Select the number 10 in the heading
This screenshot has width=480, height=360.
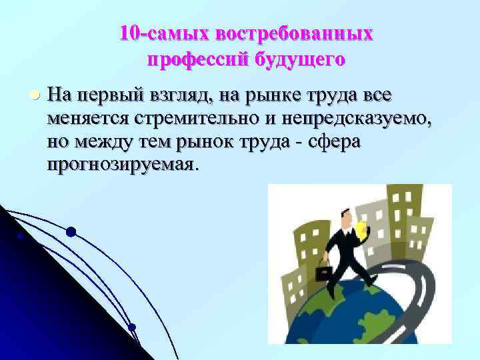click(129, 33)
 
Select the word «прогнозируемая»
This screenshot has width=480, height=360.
click(123, 165)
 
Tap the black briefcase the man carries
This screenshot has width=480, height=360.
click(325, 274)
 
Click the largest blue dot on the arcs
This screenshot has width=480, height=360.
click(71, 232)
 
